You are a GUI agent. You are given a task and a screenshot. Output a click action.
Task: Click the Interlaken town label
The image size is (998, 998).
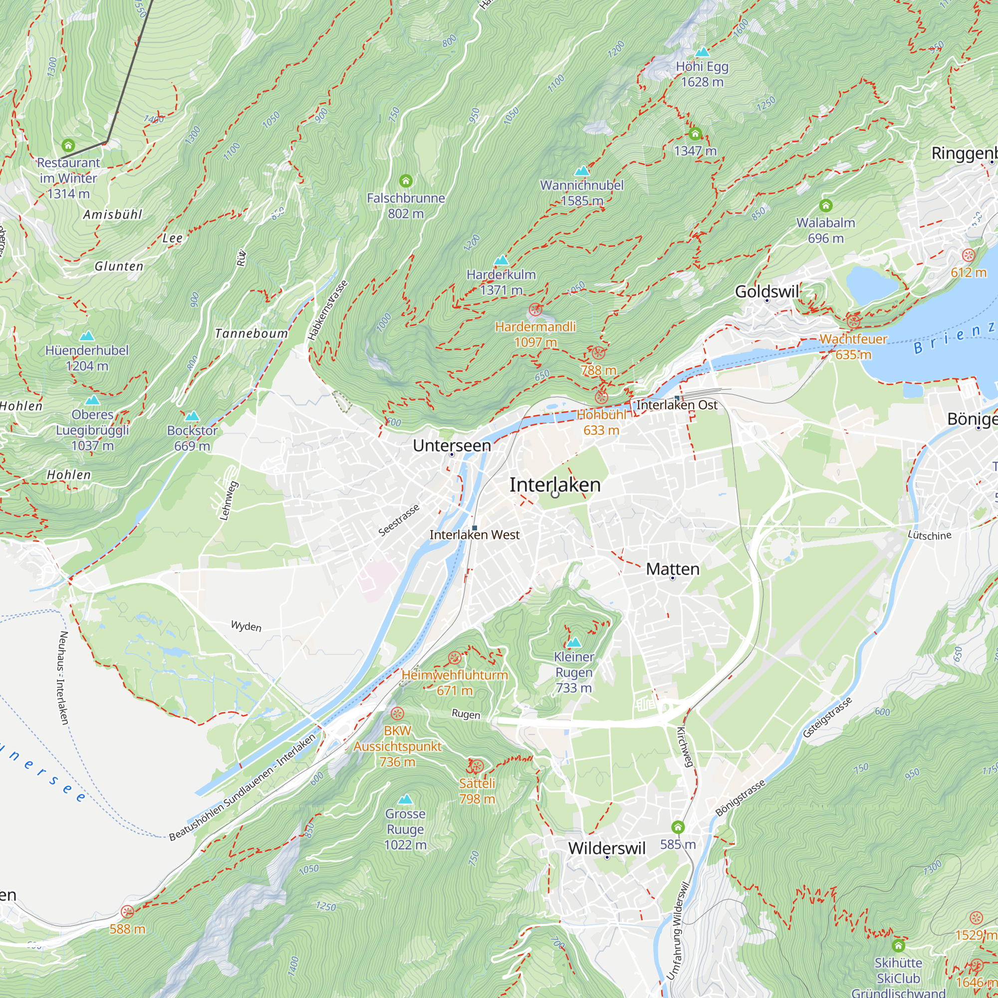555,485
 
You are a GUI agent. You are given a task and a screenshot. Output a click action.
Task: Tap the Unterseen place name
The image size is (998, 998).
452,445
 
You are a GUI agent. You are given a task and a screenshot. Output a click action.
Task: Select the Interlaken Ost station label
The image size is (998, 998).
677,405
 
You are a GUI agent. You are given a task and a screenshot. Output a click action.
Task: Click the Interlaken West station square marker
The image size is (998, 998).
474,527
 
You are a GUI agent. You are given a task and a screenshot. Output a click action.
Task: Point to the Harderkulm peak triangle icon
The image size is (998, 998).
501,260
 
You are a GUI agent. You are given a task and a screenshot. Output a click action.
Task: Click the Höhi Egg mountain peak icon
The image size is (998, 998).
702,52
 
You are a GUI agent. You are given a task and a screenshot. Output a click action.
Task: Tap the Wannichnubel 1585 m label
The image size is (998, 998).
582,193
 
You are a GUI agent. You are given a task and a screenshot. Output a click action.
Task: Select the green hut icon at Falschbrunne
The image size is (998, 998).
406,181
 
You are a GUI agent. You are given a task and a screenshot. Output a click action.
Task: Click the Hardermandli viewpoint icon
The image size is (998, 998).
535,310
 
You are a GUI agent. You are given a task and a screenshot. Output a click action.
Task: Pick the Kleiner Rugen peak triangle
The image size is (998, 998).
574,643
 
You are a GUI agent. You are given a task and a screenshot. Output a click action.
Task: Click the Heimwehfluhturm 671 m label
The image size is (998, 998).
455,682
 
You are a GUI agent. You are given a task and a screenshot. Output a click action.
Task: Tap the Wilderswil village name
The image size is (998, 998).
606,848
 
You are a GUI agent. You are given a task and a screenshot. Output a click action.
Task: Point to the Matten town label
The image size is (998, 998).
673,569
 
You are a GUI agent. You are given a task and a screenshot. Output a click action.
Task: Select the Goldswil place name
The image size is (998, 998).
767,291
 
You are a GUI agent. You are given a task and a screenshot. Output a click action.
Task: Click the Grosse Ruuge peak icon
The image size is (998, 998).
406,799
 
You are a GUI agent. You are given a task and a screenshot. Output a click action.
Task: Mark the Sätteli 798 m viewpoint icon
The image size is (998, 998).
476,765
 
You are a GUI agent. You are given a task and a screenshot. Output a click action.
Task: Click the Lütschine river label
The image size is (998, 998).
929,535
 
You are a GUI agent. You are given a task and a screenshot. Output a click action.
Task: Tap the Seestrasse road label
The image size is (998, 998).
399,520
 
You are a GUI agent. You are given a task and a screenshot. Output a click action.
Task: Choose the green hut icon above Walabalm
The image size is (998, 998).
825,206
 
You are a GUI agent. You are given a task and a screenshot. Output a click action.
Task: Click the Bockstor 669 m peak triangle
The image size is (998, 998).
192,416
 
